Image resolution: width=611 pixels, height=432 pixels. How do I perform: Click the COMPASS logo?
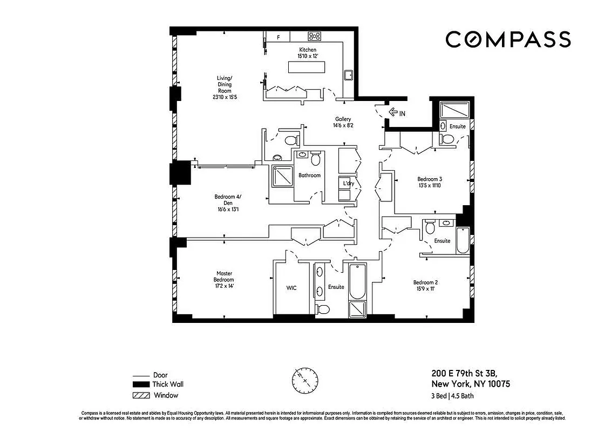pyautogui.click(x=508, y=39)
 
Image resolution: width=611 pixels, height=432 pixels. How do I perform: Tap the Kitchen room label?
pyautogui.click(x=306, y=50)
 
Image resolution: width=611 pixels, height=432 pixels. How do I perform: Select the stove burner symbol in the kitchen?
pyautogui.click(x=315, y=36)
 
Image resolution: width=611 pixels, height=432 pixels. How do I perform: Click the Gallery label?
pyautogui.click(x=343, y=119)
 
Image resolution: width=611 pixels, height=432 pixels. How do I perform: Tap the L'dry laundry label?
pyautogui.click(x=349, y=184)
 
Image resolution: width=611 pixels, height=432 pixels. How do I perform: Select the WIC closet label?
pyautogui.click(x=291, y=288)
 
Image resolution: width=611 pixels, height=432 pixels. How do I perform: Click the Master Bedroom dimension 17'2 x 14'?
pyautogui.click(x=223, y=286)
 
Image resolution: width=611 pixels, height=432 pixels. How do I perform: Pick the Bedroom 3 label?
pyautogui.click(x=430, y=179)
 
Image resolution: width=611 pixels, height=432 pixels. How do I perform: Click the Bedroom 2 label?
pyautogui.click(x=425, y=282)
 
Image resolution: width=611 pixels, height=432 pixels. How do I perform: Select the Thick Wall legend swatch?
pyautogui.click(x=140, y=384)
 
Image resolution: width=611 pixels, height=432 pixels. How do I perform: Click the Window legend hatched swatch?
pyautogui.click(x=140, y=395)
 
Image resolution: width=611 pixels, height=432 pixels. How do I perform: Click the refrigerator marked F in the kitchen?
pyautogui.click(x=279, y=37)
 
